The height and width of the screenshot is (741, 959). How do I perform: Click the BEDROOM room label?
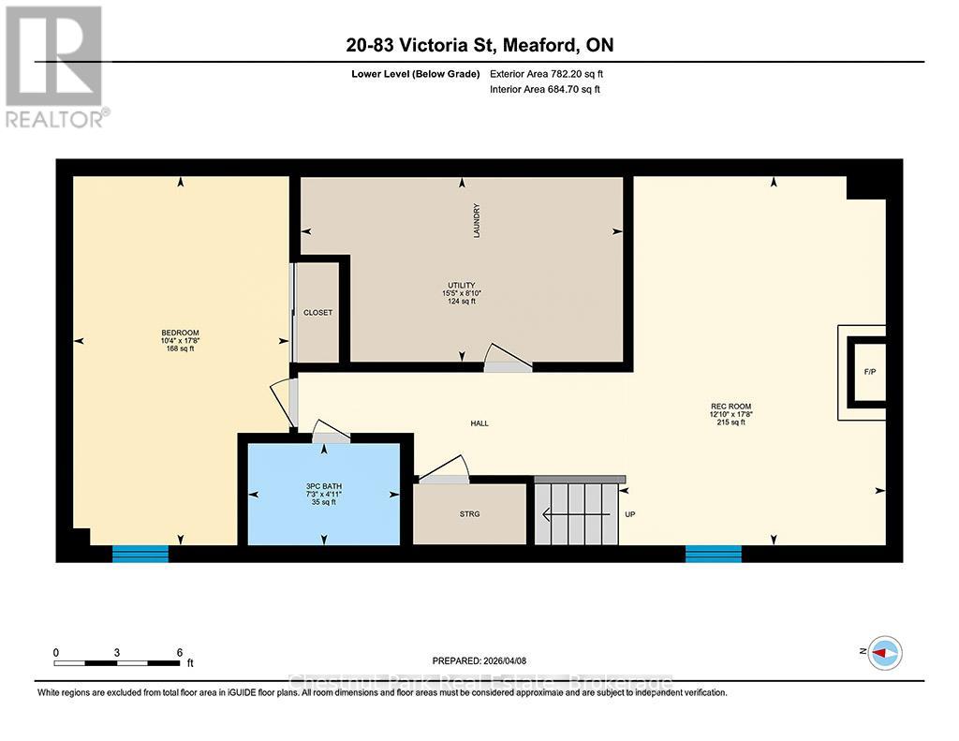point(180,333)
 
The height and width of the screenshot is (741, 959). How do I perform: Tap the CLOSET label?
point(317,313)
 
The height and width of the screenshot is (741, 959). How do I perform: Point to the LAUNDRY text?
point(477,221)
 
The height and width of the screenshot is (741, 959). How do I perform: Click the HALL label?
point(479,423)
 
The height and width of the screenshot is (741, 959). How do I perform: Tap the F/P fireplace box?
point(868,372)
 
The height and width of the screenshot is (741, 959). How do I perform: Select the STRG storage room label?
point(469,514)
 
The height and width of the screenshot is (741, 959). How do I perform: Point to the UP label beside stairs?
point(630,514)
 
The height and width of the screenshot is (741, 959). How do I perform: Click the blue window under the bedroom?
point(140,553)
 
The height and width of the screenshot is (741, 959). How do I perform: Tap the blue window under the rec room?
point(713,553)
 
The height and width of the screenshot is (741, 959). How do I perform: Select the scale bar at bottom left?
point(116,663)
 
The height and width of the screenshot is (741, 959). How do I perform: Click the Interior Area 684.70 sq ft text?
point(545,90)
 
